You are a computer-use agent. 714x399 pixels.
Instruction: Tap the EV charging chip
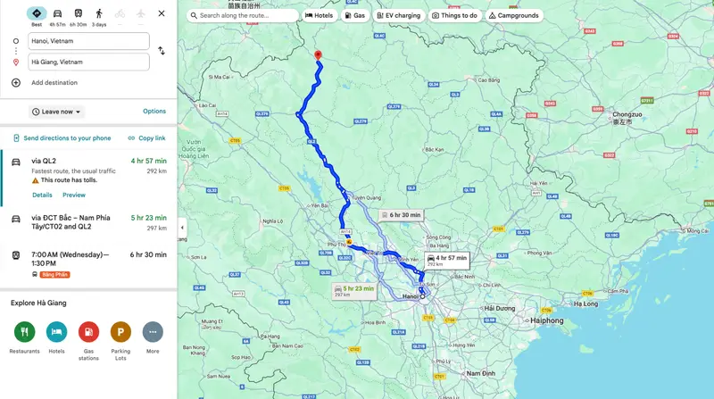[x=396, y=15]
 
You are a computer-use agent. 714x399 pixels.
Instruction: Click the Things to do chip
[x=455, y=15]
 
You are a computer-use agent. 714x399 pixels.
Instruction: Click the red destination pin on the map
[x=317, y=55]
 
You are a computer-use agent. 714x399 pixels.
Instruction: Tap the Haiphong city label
[x=545, y=320]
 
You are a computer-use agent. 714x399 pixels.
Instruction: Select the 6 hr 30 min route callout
[x=400, y=215]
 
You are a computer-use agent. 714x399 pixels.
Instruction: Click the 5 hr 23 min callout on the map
[x=353, y=290]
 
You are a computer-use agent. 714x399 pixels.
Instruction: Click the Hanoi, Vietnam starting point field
[x=87, y=41]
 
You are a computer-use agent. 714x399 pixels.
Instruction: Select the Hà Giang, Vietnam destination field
[x=87, y=62]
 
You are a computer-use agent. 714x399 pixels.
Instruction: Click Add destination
[x=54, y=83]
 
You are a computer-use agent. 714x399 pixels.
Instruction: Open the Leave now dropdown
[x=56, y=112]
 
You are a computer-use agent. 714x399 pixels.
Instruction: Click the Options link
[x=154, y=112]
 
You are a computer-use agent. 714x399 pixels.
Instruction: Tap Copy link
[x=146, y=138]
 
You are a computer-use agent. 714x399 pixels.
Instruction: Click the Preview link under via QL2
[x=74, y=195]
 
